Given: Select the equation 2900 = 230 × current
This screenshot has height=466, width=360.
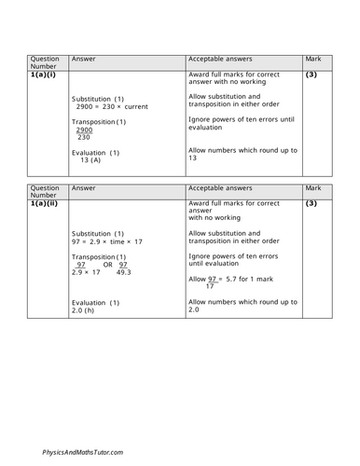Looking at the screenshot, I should [x=113, y=108].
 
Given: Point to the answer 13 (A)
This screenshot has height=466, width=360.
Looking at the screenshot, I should [x=88, y=160].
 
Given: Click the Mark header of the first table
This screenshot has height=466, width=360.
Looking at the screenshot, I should [x=314, y=58].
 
